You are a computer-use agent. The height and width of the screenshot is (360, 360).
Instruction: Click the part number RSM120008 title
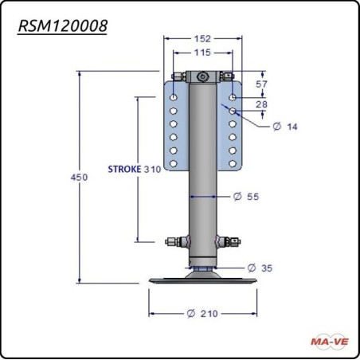(x=63, y=26)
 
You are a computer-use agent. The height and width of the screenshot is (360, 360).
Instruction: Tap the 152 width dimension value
(x=202, y=39)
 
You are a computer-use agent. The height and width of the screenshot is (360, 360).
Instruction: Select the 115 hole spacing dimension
(x=202, y=53)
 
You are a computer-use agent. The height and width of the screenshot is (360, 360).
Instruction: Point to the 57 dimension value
(x=261, y=84)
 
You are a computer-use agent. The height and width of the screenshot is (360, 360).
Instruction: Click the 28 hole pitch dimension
(x=261, y=104)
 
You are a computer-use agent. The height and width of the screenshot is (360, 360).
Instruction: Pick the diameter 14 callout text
(x=285, y=127)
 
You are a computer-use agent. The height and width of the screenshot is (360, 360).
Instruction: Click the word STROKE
(x=124, y=169)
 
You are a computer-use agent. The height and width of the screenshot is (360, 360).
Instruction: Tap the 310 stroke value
(x=152, y=169)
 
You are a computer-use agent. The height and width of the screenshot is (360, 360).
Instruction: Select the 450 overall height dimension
(x=79, y=177)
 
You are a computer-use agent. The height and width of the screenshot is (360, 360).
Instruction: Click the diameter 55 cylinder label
(x=246, y=197)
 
